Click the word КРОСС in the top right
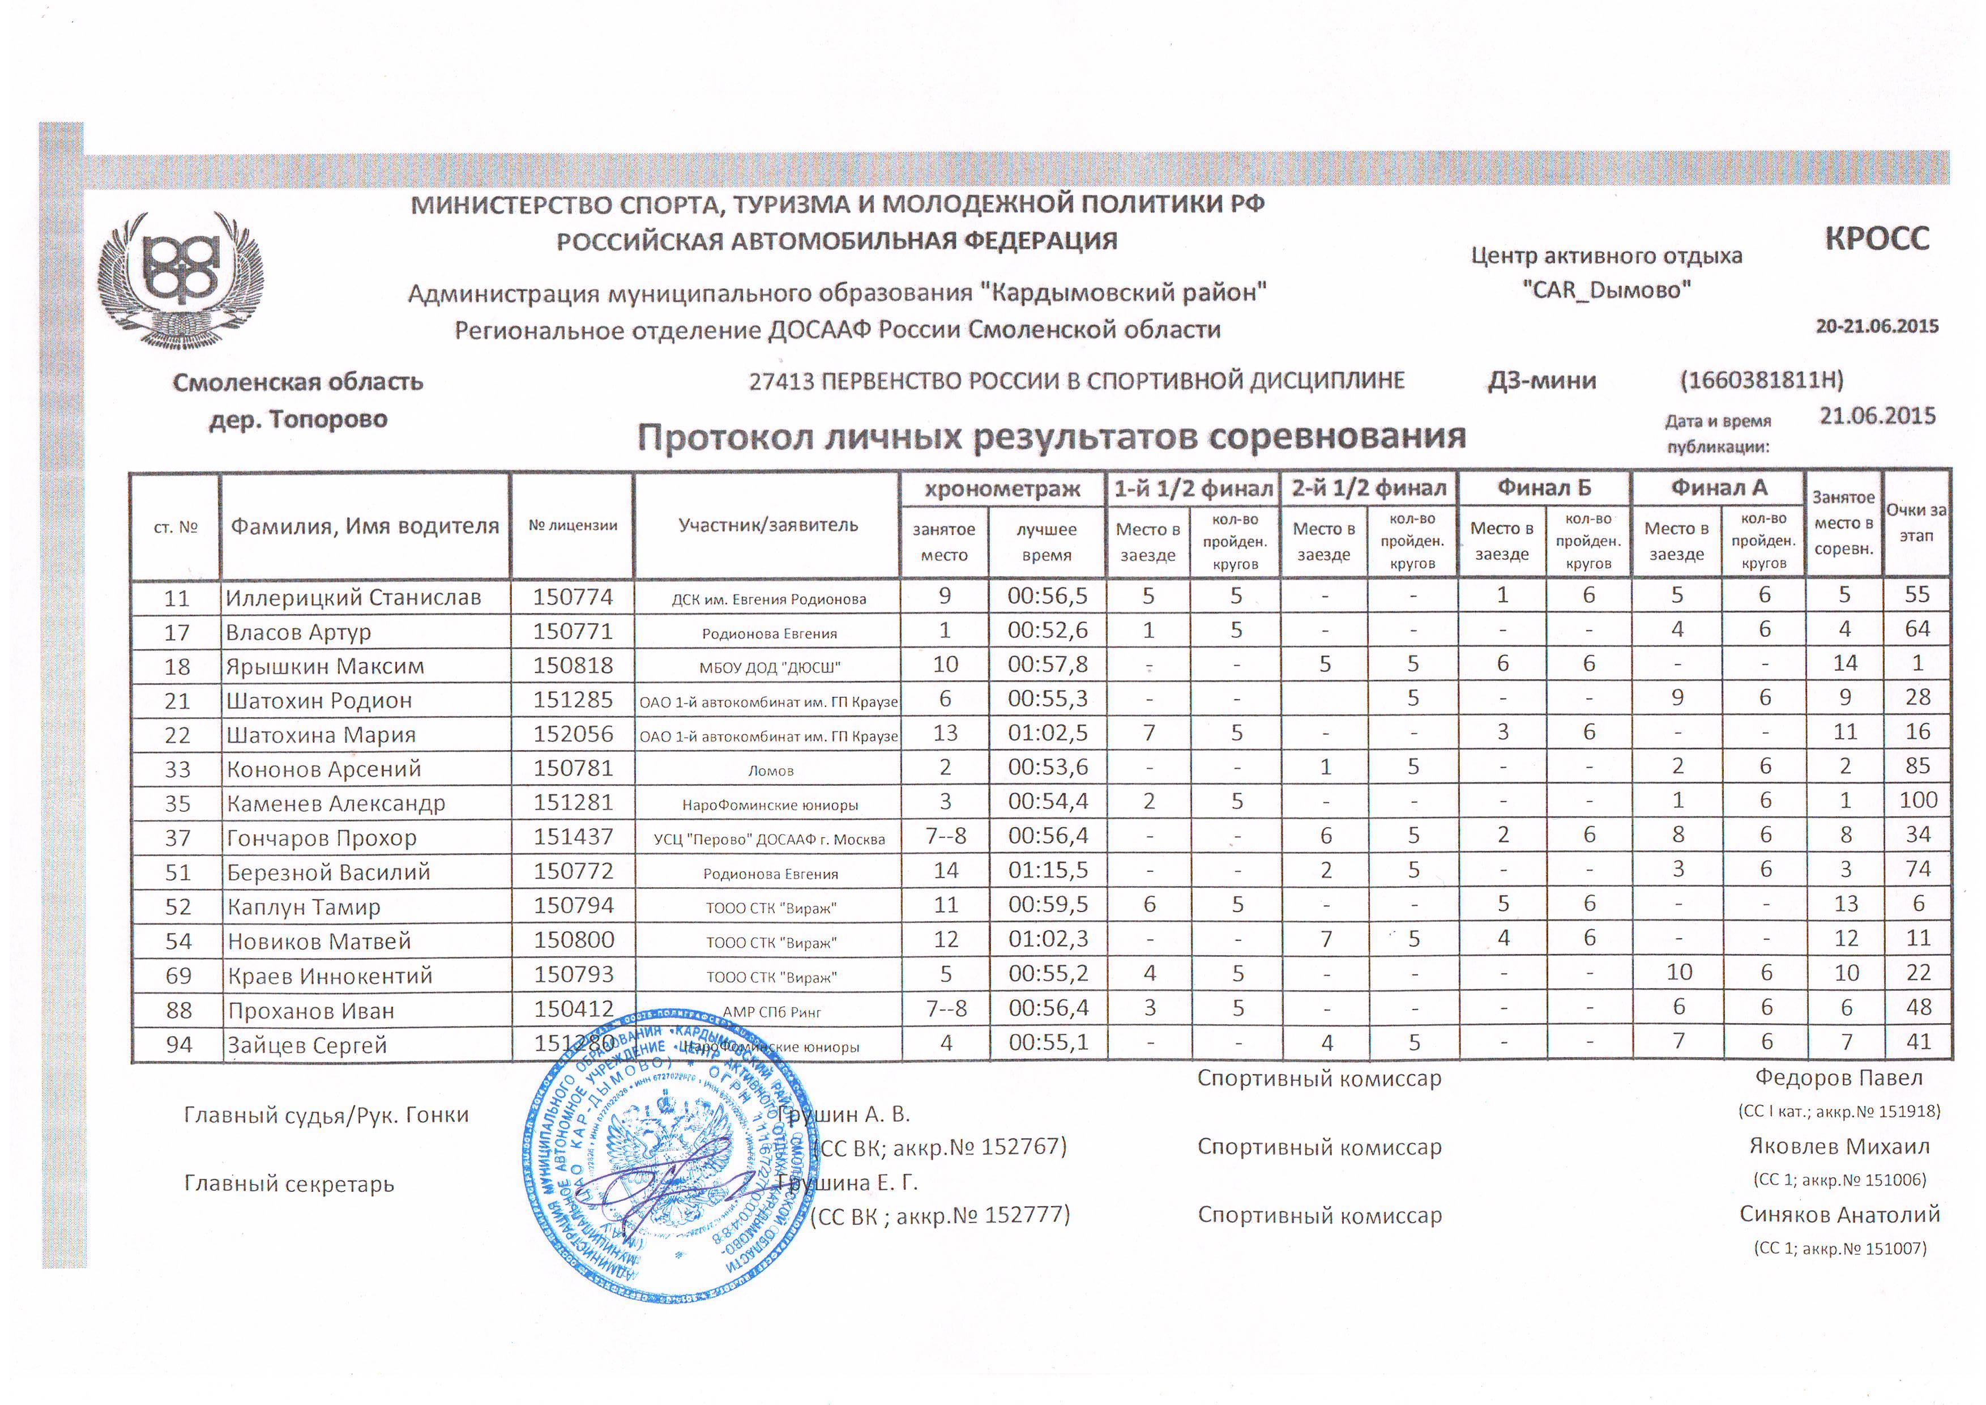pyautogui.click(x=1876, y=239)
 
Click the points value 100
pyautogui.click(x=1917, y=801)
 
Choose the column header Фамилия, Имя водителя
pyautogui.click(x=364, y=526)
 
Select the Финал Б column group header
pyautogui.click(x=1544, y=488)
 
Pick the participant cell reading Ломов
pyautogui.click(x=770, y=770)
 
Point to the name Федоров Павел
pyautogui.click(x=1838, y=1078)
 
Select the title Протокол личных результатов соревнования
pyautogui.click(x=1051, y=437)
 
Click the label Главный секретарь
pyautogui.click(x=289, y=1183)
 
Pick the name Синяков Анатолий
pyautogui.click(x=1839, y=1215)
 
